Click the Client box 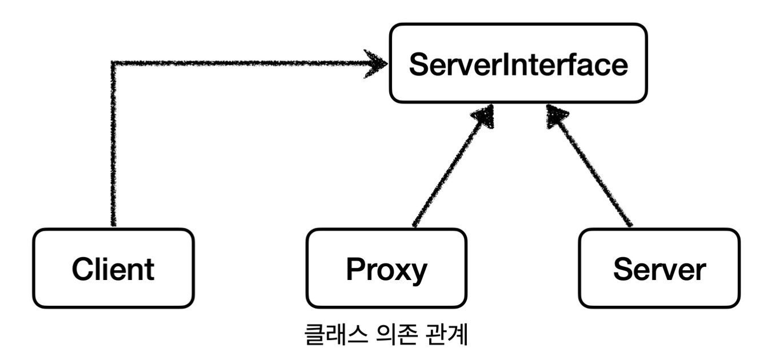point(113,268)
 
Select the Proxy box point(386,268)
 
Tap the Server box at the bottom point(659,268)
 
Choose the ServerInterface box point(518,63)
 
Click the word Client point(113,269)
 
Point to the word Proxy point(386,270)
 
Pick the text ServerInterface point(518,65)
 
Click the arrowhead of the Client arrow point(378,62)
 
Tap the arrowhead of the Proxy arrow point(484,117)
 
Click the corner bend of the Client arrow point(114,62)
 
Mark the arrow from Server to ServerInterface point(594,171)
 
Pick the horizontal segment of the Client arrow point(240,62)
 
